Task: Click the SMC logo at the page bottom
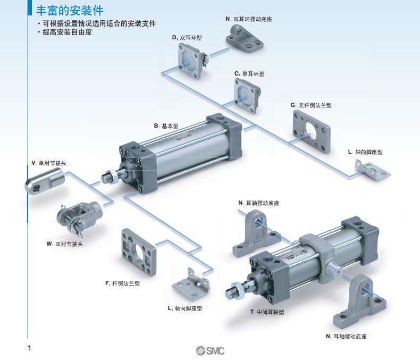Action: [210, 350]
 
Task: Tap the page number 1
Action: [29, 348]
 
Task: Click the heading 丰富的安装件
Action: [70, 11]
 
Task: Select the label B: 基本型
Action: [166, 126]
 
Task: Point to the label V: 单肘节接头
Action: [49, 163]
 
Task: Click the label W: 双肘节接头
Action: [64, 244]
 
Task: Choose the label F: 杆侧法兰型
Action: [122, 283]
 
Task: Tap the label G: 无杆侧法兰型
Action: [311, 105]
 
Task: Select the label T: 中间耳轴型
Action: [267, 312]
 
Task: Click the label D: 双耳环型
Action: [187, 38]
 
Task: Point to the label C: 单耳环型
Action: [249, 74]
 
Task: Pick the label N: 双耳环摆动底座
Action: [249, 19]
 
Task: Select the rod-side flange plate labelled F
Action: [139, 252]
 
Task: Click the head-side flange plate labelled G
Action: [311, 131]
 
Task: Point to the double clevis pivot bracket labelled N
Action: [244, 39]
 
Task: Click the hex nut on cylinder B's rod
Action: [113, 177]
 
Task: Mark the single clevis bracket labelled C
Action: [247, 96]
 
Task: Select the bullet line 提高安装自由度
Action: [67, 32]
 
